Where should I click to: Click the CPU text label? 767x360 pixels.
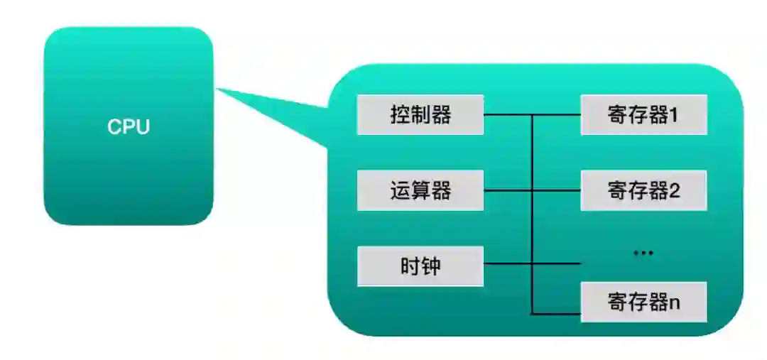[x=129, y=127]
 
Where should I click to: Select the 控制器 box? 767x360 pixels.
[x=420, y=114]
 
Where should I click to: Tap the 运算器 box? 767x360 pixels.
[x=420, y=190]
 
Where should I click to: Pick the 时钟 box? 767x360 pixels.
[x=420, y=266]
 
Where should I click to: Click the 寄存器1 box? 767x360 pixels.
[x=643, y=114]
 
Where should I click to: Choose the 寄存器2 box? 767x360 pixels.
[x=643, y=190]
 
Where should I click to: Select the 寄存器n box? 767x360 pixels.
[x=643, y=302]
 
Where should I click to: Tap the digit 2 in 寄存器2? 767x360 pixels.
[x=674, y=191]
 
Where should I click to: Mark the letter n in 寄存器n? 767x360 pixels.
[x=674, y=303]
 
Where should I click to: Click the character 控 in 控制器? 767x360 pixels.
[x=400, y=114]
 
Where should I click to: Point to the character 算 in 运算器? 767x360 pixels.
[x=420, y=190]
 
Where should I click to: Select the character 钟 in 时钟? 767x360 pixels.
[x=431, y=266]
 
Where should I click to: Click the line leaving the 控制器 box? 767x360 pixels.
[x=507, y=114]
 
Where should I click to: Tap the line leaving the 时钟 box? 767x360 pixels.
[x=507, y=264]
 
